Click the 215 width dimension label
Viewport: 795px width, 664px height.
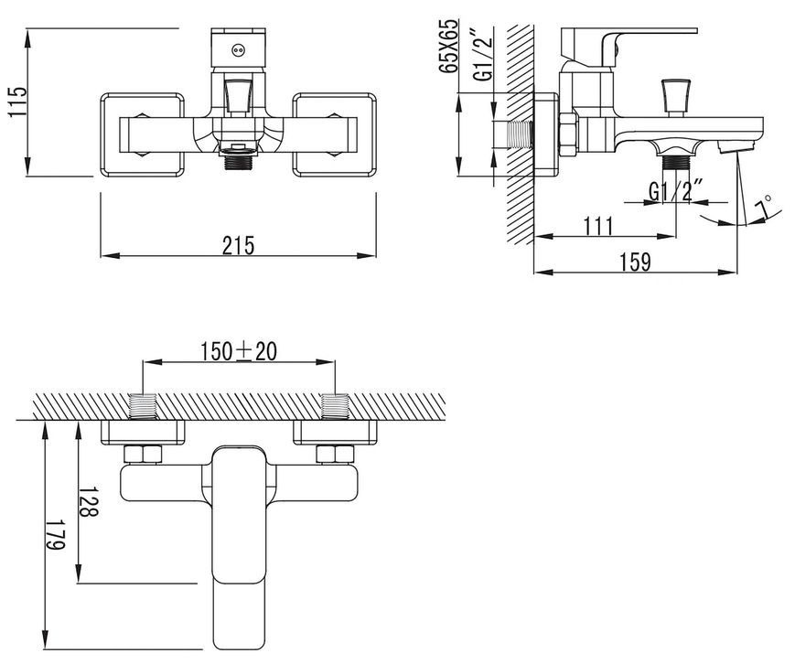(238, 246)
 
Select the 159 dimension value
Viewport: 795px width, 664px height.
(635, 262)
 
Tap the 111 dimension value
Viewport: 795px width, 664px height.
(598, 226)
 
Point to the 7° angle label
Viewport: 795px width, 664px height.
(763, 208)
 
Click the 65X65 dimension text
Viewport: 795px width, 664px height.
(448, 47)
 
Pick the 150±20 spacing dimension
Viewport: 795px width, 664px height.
(239, 351)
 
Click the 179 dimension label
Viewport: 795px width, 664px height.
(56, 534)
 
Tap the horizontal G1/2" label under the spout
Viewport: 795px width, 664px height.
(676, 191)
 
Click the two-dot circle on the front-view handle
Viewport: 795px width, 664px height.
(238, 49)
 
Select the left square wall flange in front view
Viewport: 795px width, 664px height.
(143, 134)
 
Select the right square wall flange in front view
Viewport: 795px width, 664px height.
(335, 134)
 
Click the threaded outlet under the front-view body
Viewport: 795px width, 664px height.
(238, 162)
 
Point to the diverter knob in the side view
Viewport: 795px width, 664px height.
(676, 96)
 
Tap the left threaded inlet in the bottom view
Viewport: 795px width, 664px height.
(144, 407)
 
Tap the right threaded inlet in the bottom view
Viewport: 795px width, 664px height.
(335, 407)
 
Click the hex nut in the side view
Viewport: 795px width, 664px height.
(568, 134)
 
